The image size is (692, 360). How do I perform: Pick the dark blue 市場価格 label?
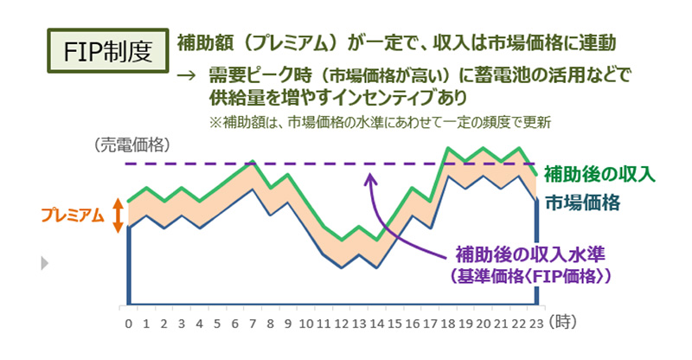click(x=582, y=203)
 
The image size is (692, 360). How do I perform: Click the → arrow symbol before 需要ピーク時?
click(x=184, y=76)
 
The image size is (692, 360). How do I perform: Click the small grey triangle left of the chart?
click(x=44, y=262)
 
